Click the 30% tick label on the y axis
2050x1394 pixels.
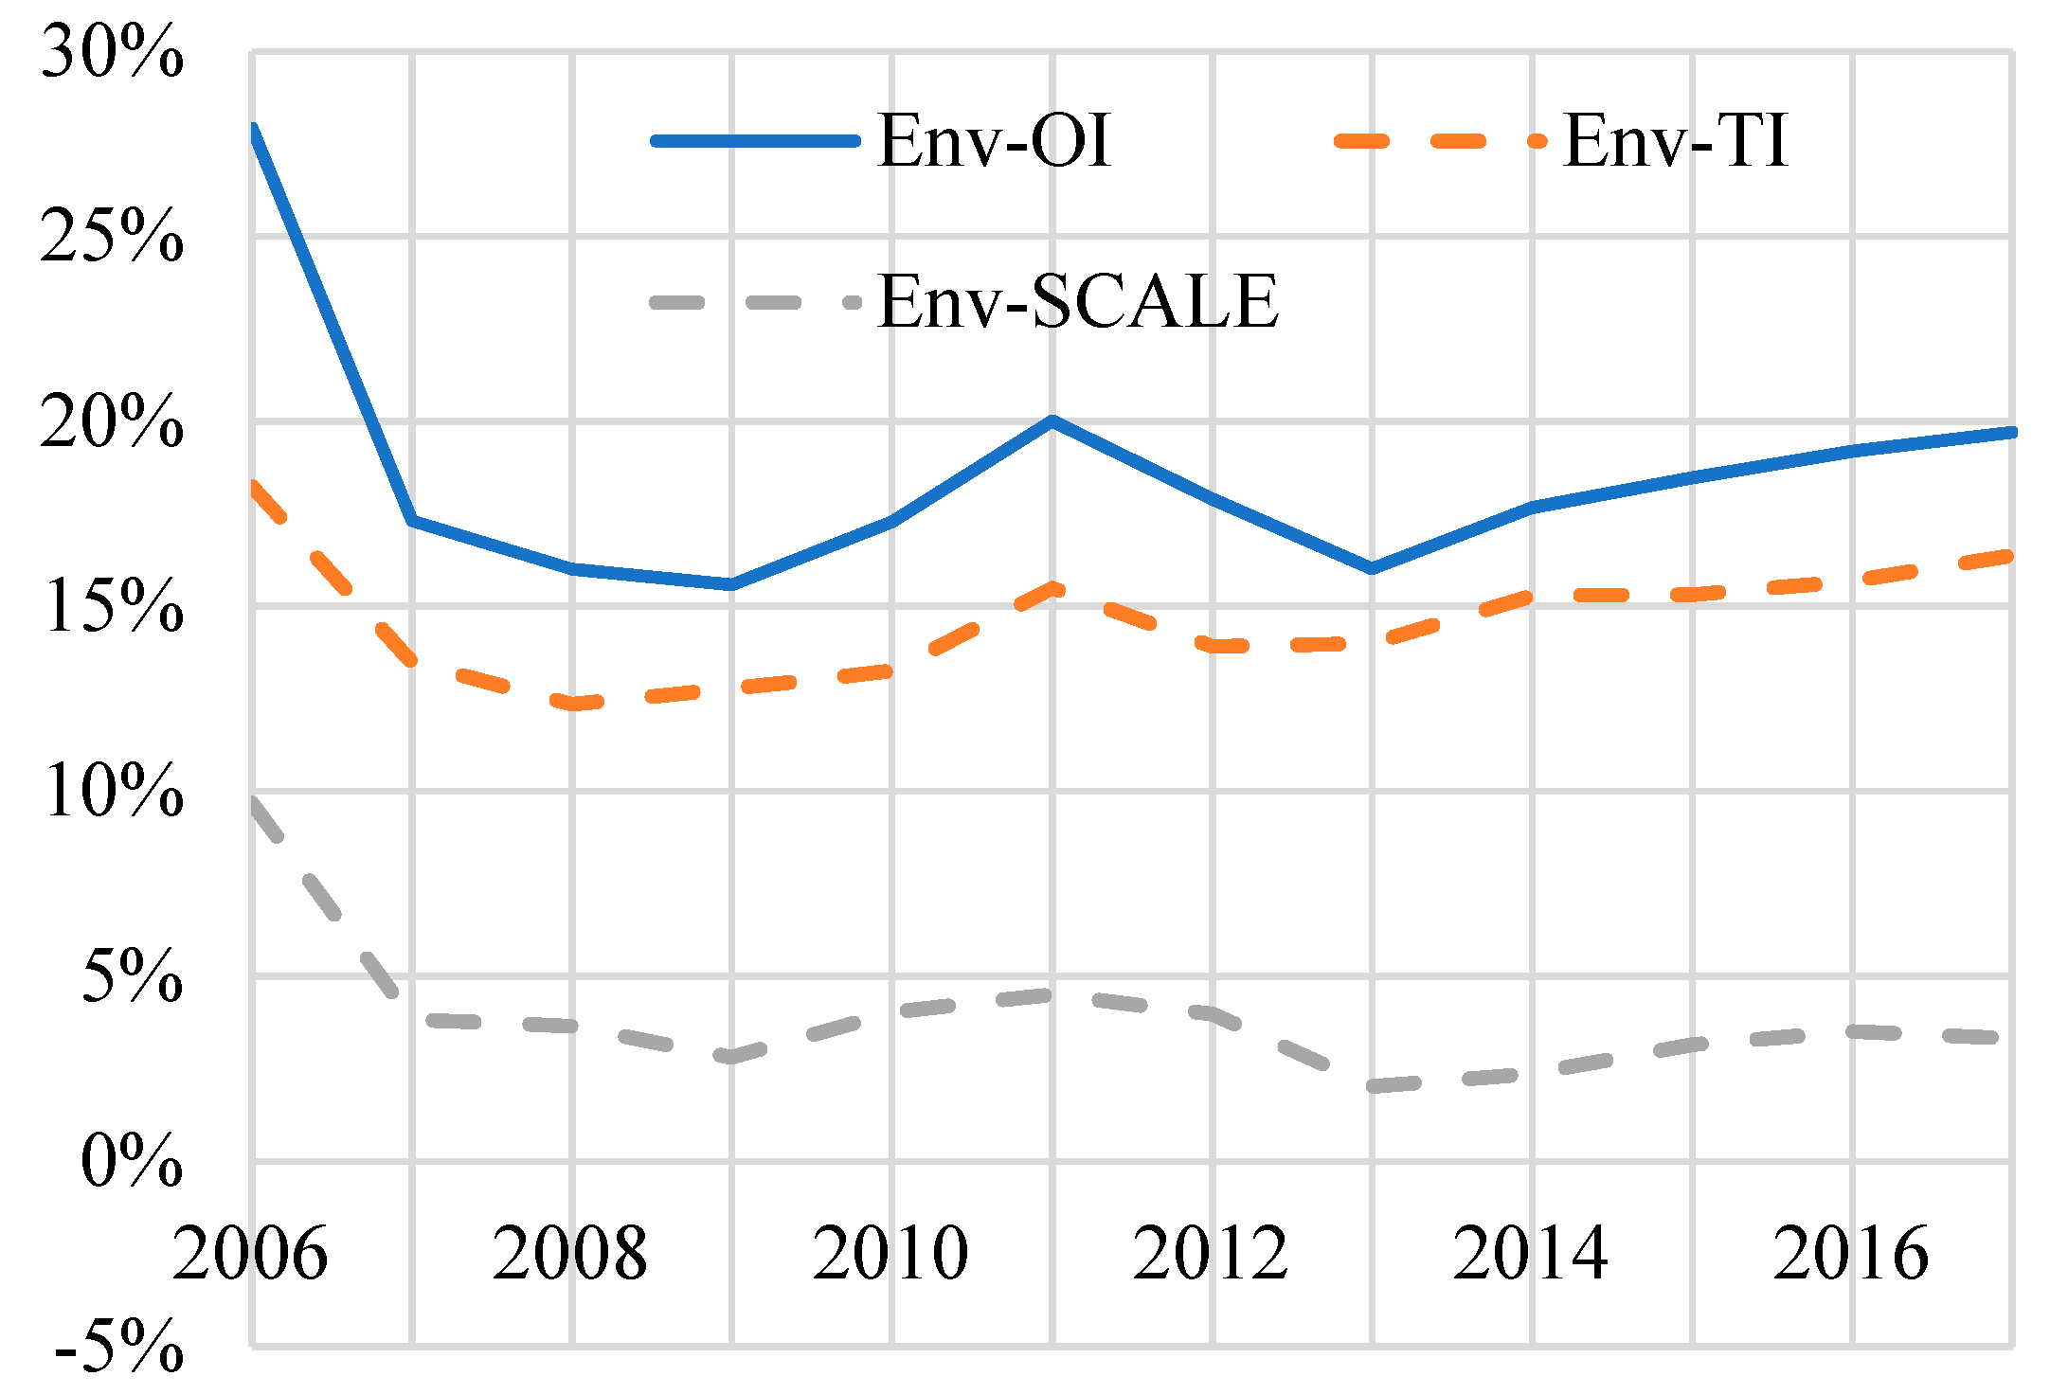coord(112,53)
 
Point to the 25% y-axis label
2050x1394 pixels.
coord(112,237)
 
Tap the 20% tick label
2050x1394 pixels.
coord(112,421)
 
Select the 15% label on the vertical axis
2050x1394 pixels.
coord(112,606)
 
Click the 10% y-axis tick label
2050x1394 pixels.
coord(112,791)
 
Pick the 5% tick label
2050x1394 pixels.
coord(131,975)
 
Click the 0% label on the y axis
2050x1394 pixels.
coord(131,1160)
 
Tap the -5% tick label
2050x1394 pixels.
coord(119,1346)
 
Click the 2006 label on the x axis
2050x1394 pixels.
coord(250,1253)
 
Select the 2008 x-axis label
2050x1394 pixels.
coord(570,1253)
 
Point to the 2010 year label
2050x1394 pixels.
coord(890,1253)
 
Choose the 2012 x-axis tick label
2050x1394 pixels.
coord(1211,1253)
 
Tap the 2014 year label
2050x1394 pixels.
coord(1531,1253)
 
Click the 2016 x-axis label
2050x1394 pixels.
coord(1851,1253)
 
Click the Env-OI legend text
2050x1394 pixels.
coord(994,141)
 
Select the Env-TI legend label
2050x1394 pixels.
coord(1675,141)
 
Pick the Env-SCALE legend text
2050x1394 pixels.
coord(1078,302)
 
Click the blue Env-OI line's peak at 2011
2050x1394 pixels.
coord(1052,420)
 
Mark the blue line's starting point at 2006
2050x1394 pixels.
coord(253,128)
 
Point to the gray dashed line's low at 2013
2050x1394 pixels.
coord(1372,1086)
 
